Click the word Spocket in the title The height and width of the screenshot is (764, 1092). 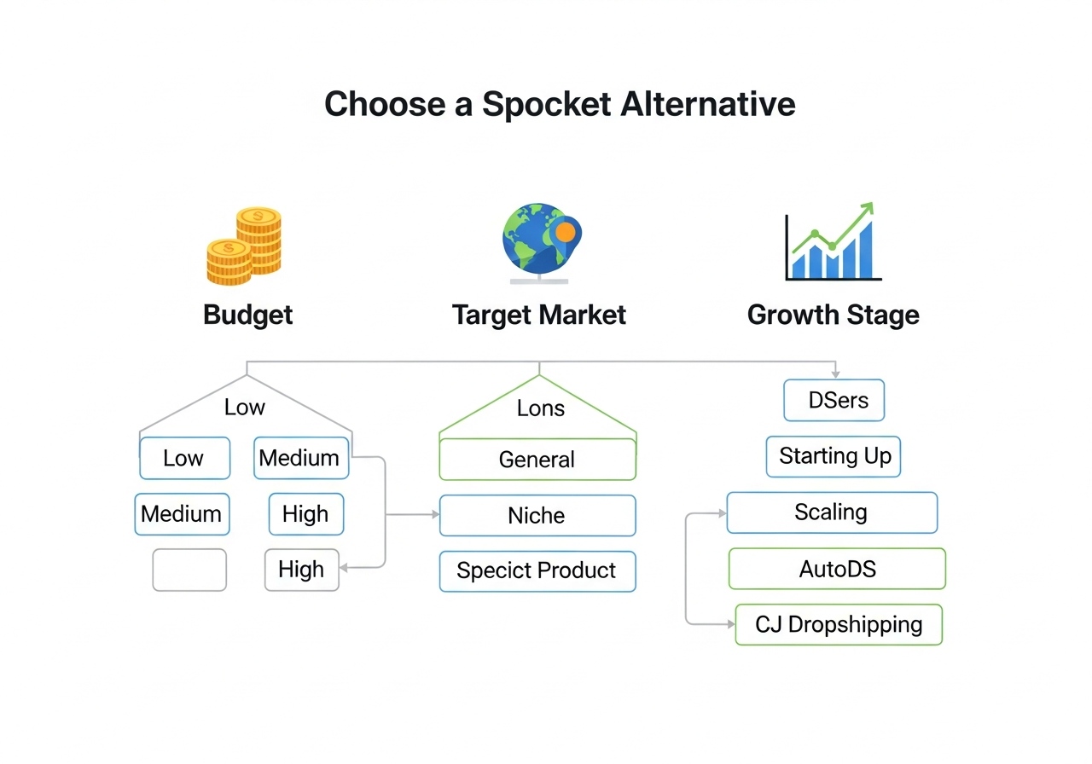546,104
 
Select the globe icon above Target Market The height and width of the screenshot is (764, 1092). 537,240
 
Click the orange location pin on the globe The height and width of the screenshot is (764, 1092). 565,231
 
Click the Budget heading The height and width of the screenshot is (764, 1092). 247,315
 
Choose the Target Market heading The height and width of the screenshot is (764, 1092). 538,315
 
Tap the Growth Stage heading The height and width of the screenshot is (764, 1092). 833,315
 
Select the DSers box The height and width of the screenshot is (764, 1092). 834,401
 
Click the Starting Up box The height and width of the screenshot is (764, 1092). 834,456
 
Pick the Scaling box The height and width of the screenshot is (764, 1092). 831,512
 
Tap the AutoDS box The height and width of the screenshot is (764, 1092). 837,569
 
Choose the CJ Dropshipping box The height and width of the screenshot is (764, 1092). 838,624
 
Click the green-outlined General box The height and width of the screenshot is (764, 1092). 537,460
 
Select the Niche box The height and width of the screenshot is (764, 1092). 537,516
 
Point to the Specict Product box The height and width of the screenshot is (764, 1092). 537,570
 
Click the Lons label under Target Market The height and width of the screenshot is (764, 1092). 540,408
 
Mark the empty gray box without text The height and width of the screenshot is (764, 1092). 189,570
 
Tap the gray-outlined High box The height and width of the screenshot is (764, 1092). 301,570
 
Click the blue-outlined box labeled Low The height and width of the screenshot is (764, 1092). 184,459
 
